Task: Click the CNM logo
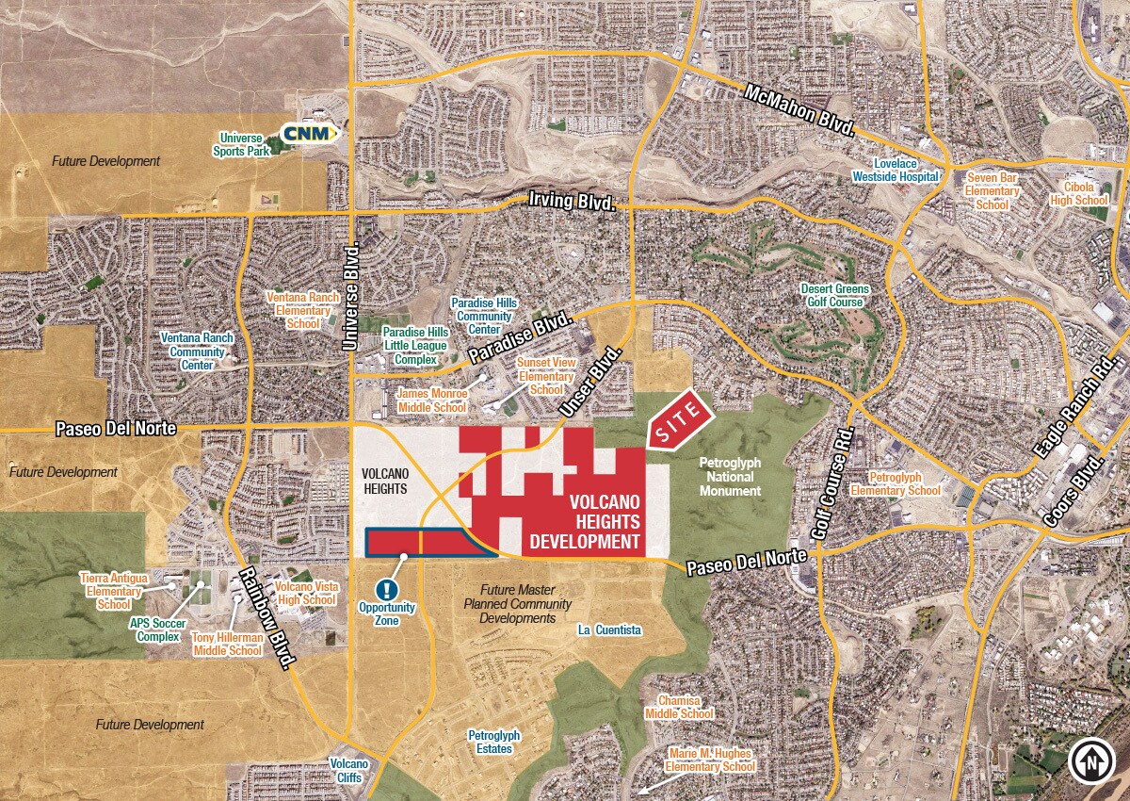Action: pyautogui.click(x=308, y=134)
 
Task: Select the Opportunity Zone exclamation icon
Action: pyautogui.click(x=386, y=589)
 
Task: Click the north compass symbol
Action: pyautogui.click(x=1091, y=761)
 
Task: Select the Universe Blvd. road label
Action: pyautogui.click(x=353, y=296)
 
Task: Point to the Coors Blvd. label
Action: pyautogui.click(x=1072, y=493)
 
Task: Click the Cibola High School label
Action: pyautogui.click(x=1079, y=193)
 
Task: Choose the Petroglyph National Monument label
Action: pyautogui.click(x=730, y=477)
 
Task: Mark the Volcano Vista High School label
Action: pyautogui.click(x=305, y=593)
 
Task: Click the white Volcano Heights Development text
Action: pyautogui.click(x=585, y=519)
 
